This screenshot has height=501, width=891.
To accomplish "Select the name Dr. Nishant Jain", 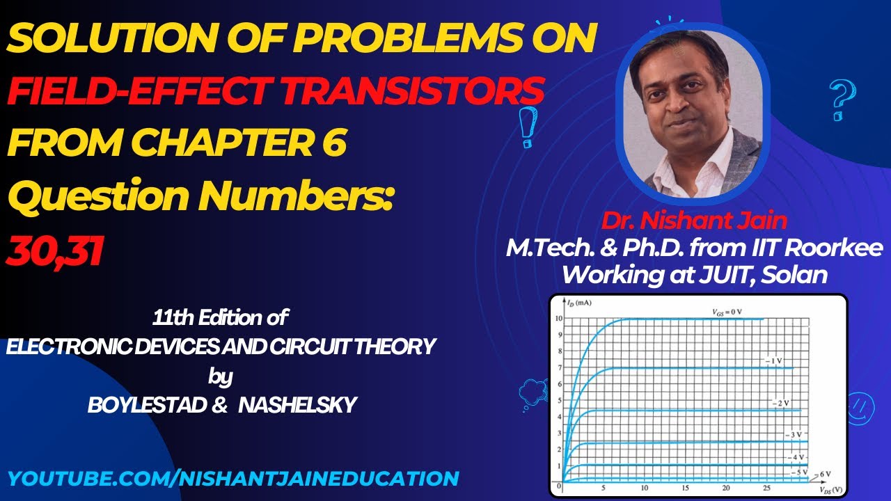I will [694, 221].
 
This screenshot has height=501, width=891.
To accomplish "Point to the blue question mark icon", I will [841, 101].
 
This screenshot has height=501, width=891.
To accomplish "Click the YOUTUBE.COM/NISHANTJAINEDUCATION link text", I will [233, 478].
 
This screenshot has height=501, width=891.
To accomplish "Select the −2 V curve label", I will [781, 404].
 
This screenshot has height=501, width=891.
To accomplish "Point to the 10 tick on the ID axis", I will [559, 319].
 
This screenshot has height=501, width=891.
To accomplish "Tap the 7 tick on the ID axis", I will [560, 367].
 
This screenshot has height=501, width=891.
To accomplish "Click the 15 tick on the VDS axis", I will [686, 487].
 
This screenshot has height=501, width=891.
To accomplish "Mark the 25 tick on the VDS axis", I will [766, 487].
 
